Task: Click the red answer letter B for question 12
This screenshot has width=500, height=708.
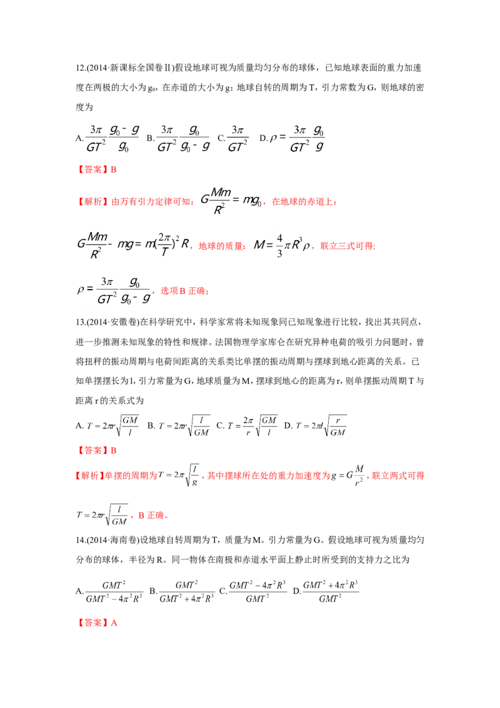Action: [114, 169]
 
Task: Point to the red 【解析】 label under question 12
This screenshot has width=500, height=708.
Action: [89, 201]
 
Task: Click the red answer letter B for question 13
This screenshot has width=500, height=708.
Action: [114, 450]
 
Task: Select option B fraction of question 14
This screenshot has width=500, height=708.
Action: [186, 592]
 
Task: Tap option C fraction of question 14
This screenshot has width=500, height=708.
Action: [257, 592]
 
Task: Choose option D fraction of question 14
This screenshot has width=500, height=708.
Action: [331, 592]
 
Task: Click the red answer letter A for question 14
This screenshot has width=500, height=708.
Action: [114, 623]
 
